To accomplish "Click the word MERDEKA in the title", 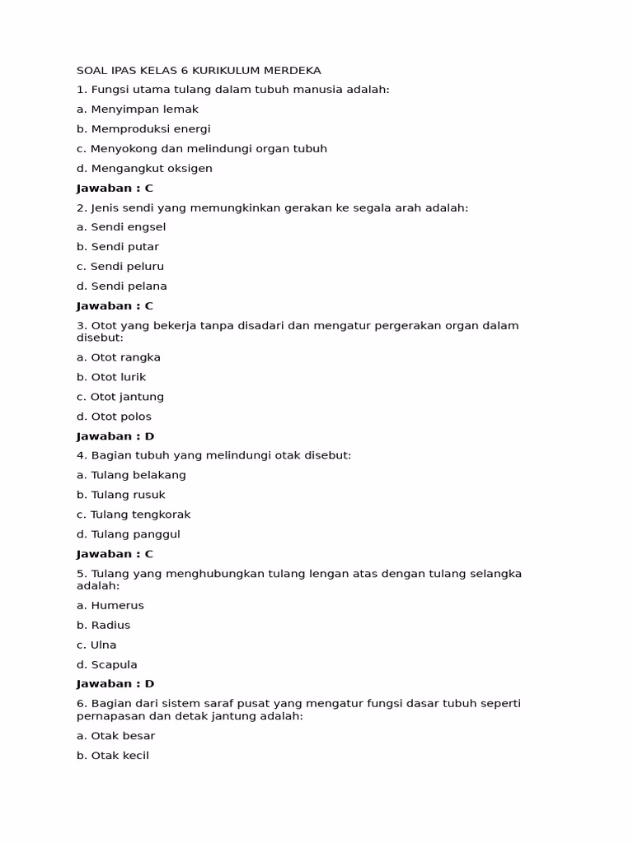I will (290, 71).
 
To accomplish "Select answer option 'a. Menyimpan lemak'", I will (138, 109).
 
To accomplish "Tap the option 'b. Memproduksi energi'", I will (143, 129).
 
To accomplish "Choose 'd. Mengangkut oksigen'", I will (144, 169).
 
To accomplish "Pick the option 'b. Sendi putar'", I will (118, 247).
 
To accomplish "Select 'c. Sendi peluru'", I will (120, 267).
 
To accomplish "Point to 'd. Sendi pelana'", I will (122, 286).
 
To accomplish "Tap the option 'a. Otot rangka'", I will (119, 358).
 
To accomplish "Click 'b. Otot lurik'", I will (111, 378).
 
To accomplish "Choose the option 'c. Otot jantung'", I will (120, 398).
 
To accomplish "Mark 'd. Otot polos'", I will (115, 417).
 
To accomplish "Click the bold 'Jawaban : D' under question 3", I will (115, 437).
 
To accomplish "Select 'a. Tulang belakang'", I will (132, 476).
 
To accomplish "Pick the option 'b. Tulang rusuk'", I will (121, 496).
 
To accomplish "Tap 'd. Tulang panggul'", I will (129, 535).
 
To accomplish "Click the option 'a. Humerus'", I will (110, 606).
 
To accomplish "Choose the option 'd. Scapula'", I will (107, 665).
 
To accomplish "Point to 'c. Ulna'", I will (96, 645).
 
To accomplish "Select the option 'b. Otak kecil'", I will (113, 756).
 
